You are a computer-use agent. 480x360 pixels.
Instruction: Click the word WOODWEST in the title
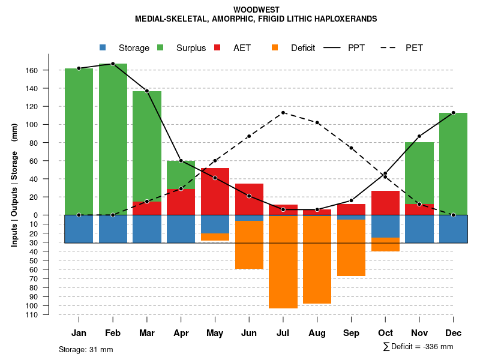point(256,10)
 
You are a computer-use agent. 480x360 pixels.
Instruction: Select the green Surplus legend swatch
point(160,47)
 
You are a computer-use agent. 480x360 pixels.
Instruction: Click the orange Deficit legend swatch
point(275,47)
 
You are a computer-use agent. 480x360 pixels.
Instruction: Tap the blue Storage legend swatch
point(103,47)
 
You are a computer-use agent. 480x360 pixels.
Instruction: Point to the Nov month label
point(419,333)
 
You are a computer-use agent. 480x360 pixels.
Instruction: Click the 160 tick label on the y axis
point(31,71)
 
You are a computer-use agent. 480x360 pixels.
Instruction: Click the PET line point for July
point(283,112)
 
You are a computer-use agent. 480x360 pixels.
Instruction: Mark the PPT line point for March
point(147,91)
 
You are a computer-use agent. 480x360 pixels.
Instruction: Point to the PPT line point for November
point(419,136)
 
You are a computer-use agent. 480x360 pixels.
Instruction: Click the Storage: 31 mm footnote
point(86,349)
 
